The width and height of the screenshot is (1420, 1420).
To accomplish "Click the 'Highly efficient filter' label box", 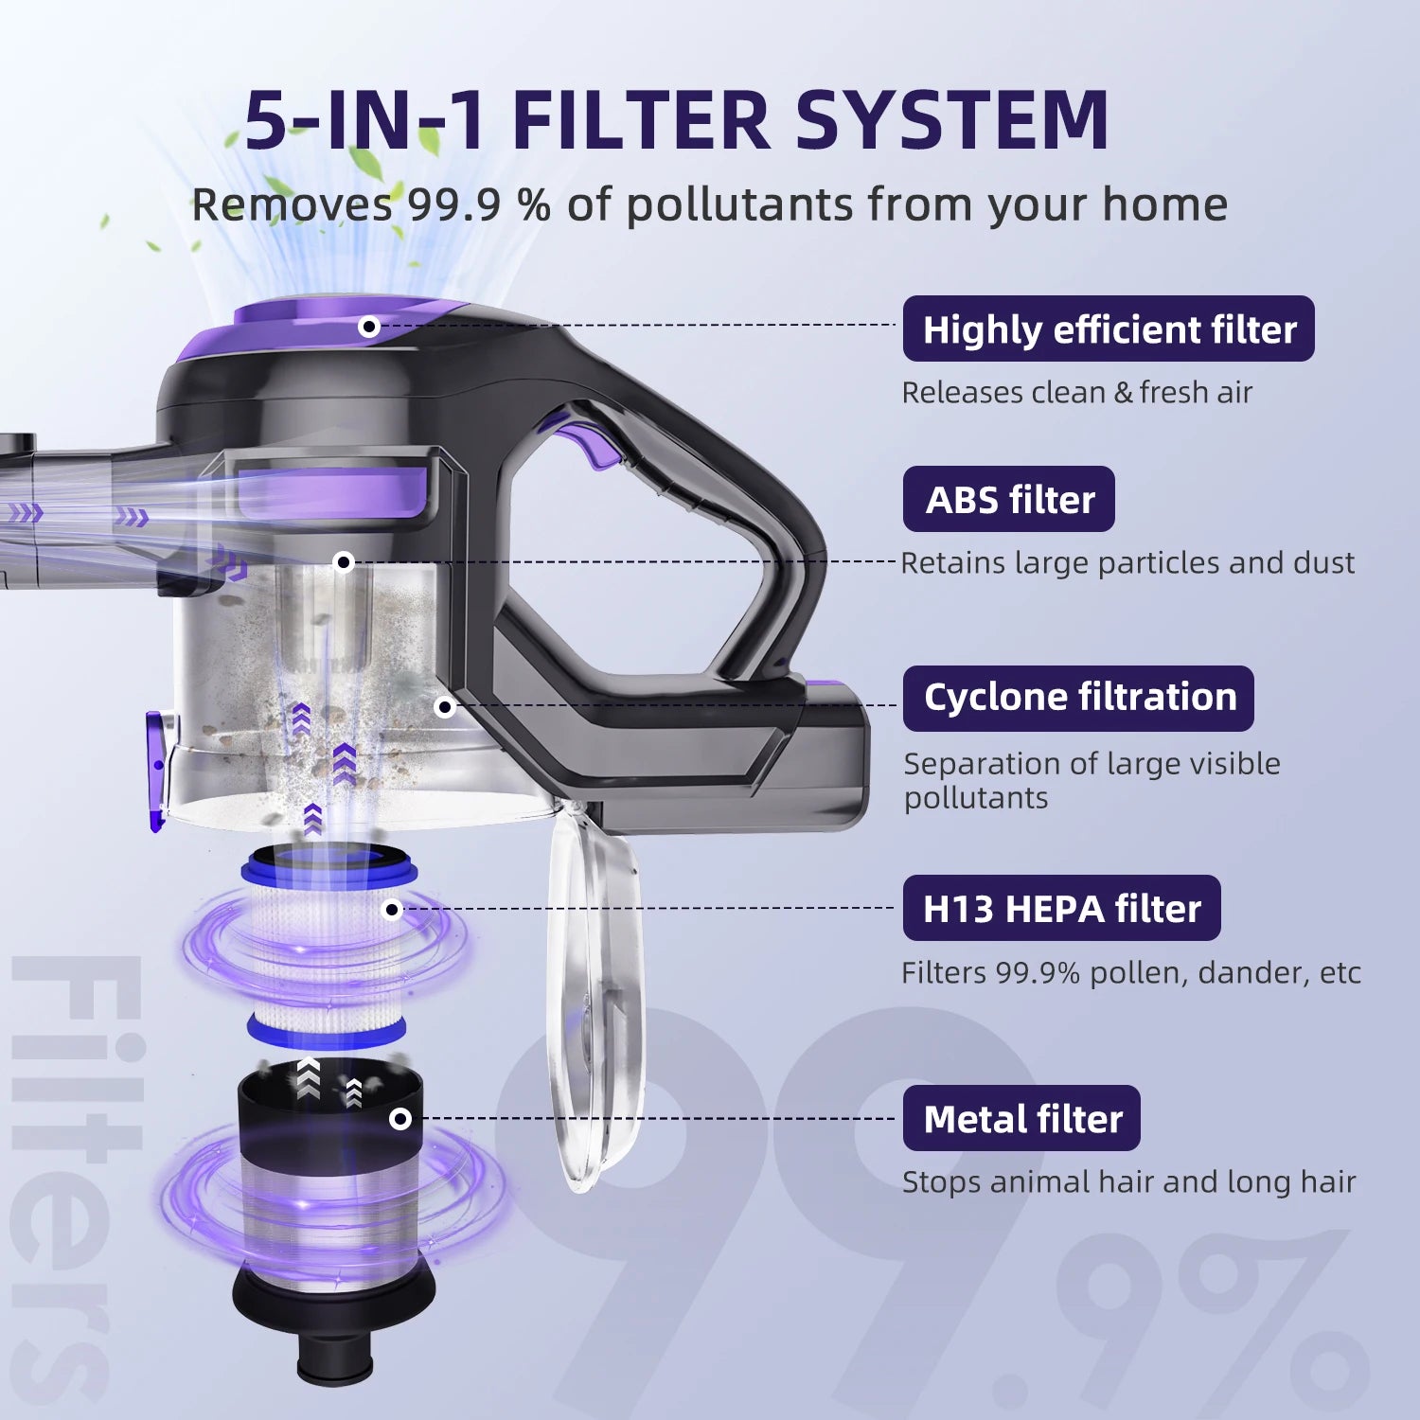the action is click(1109, 328).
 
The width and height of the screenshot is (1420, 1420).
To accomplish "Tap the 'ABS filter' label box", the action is click(1008, 499).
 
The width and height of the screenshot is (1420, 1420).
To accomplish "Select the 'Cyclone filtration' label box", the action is click(1078, 698).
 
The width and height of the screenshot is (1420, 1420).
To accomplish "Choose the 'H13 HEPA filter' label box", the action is click(1061, 908).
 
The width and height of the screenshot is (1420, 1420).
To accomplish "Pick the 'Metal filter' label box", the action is click(1021, 1118).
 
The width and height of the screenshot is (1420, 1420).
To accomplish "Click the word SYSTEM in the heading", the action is click(951, 120).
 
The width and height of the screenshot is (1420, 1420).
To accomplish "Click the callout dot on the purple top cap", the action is click(369, 327).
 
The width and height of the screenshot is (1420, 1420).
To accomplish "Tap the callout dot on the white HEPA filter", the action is click(392, 910).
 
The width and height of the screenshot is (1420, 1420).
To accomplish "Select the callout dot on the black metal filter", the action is click(400, 1119).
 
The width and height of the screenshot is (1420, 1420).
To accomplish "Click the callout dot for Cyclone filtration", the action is click(445, 706).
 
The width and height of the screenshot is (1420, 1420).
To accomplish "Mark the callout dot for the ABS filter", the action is click(345, 562).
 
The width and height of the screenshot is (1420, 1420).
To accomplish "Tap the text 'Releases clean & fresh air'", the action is click(1076, 392).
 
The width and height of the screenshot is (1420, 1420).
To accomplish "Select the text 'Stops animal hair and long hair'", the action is click(1128, 1181).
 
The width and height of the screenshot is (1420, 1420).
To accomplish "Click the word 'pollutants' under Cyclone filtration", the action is click(976, 798).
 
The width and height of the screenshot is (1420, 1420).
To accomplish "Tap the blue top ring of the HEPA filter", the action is click(327, 866).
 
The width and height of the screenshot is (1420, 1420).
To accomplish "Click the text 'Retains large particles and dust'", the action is click(1127, 562).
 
